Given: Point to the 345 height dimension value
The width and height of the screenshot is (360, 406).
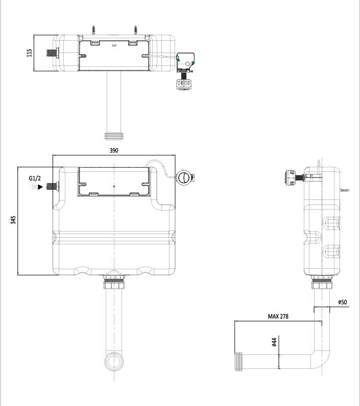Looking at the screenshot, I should coord(14,220).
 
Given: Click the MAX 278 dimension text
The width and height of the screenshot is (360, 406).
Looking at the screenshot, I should coord(278,317).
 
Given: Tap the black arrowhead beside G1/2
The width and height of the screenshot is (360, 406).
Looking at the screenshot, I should coord(41,187).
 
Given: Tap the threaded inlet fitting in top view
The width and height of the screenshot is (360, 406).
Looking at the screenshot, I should coord(53,52).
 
